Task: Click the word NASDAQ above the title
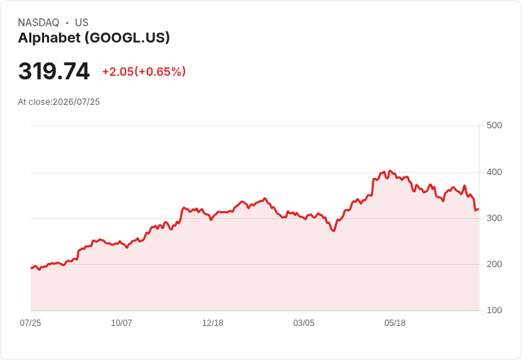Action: click(x=38, y=23)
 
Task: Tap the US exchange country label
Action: click(x=82, y=23)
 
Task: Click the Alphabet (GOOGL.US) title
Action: click(x=94, y=38)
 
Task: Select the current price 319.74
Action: click(x=54, y=71)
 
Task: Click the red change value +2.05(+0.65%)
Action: click(x=144, y=72)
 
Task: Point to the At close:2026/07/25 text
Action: click(x=59, y=102)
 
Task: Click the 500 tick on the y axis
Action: click(x=494, y=125)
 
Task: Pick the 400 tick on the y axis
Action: click(x=494, y=172)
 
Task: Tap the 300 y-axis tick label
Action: click(x=494, y=218)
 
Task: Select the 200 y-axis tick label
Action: click(x=494, y=264)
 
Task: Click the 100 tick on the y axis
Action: click(x=494, y=310)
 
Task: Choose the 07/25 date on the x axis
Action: click(x=30, y=323)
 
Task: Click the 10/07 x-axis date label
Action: click(x=121, y=323)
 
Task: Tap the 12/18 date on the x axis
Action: click(x=213, y=323)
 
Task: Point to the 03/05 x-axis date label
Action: click(x=304, y=323)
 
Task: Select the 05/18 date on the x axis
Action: click(x=395, y=323)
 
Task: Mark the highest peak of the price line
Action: click(x=390, y=171)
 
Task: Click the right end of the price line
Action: click(x=479, y=209)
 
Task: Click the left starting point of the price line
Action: click(x=31, y=268)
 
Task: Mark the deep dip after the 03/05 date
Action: click(x=333, y=230)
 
